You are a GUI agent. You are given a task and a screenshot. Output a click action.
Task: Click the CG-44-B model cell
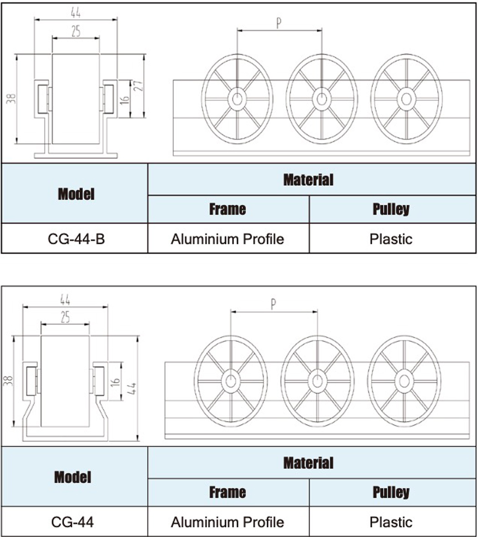[x=76, y=239]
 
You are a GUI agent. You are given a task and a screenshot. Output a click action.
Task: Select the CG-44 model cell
[x=72, y=522]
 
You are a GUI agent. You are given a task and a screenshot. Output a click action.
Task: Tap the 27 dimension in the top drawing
[x=138, y=86]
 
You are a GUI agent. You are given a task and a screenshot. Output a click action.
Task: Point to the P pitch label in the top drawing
[x=279, y=23]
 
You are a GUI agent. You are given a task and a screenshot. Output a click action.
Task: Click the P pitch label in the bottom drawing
[x=273, y=304]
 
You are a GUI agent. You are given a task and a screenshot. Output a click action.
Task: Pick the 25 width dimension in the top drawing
[x=76, y=31]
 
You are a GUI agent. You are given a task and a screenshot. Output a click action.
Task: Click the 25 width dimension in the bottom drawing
[x=65, y=317]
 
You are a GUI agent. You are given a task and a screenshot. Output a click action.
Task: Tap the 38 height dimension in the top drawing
[x=11, y=99]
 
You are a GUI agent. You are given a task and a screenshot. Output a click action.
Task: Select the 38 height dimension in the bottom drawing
[x=8, y=381]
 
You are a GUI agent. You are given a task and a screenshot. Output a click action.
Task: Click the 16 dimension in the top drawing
[x=124, y=99]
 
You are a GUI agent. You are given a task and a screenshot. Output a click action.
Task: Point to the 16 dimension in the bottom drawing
[x=115, y=381]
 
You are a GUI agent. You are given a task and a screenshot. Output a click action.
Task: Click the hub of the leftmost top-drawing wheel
[x=237, y=99]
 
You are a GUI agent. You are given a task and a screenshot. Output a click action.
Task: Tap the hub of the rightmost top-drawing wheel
[x=407, y=99]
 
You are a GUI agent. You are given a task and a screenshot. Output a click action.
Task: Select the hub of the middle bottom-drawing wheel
[x=317, y=381]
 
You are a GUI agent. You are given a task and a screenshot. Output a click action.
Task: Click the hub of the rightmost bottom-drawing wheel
[x=404, y=381]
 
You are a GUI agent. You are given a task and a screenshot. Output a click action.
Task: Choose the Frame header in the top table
[x=228, y=209]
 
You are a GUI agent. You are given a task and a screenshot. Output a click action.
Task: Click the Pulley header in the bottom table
[x=391, y=492]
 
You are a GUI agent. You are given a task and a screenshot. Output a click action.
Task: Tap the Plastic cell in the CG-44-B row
[x=391, y=239]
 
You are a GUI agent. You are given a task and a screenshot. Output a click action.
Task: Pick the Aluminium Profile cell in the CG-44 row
[x=228, y=522]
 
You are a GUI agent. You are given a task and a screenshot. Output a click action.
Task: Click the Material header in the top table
[x=308, y=180]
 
